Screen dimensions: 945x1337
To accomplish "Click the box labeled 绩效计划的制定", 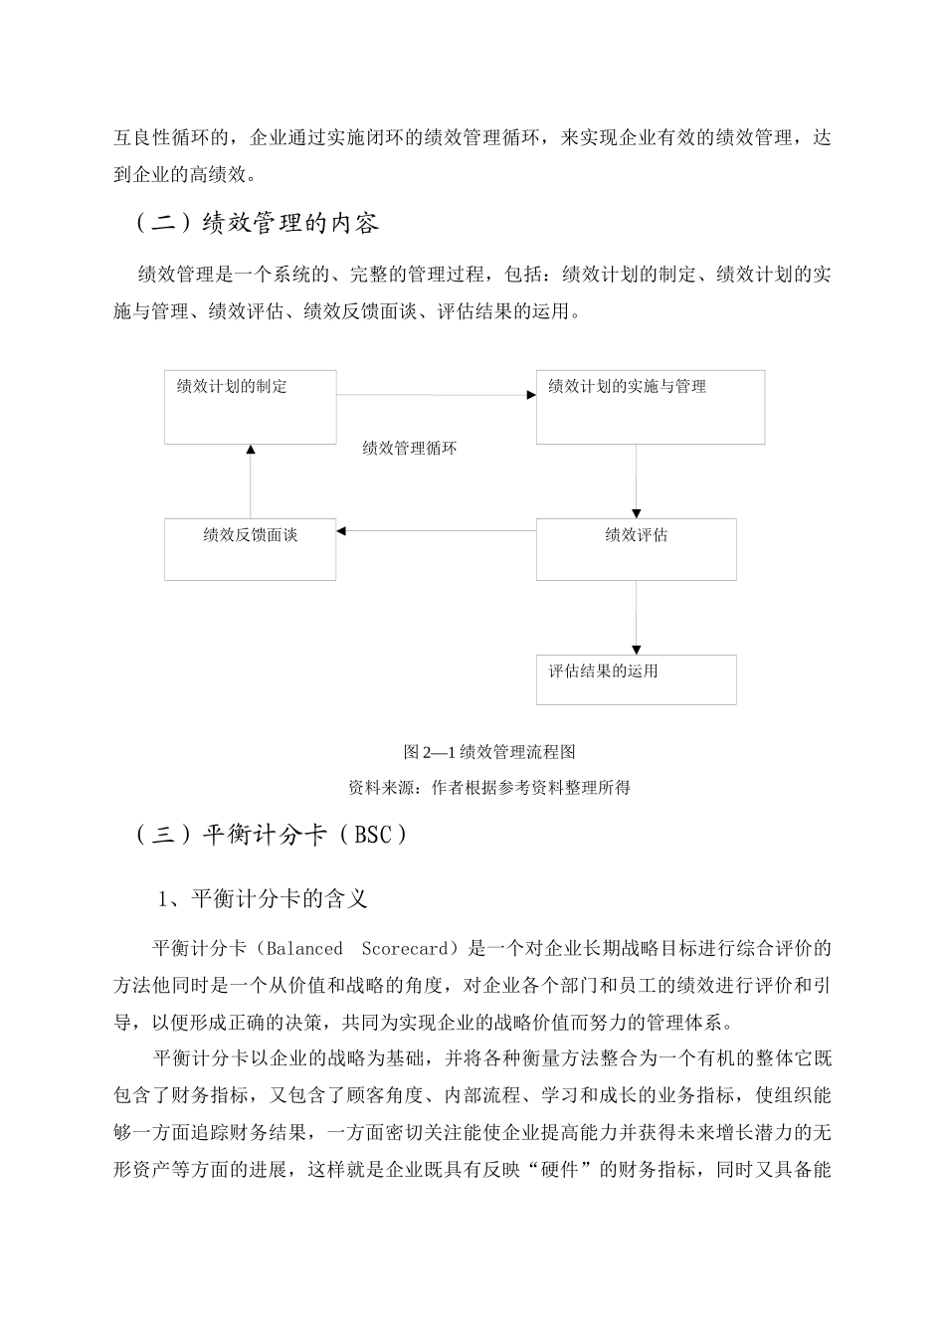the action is click(251, 407).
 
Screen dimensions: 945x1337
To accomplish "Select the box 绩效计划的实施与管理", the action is click(650, 407).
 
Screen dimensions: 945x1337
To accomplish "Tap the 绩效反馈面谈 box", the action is click(251, 549).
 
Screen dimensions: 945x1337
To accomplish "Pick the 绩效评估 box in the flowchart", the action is click(636, 549).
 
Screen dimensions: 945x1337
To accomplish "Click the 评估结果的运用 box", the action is click(636, 679).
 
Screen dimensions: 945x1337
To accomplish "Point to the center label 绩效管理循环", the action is click(410, 449).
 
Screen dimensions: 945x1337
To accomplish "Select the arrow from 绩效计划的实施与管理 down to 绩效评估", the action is click(637, 480).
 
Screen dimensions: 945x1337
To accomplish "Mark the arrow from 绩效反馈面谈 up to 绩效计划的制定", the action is click(251, 481).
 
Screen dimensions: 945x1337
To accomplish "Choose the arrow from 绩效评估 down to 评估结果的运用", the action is click(637, 617).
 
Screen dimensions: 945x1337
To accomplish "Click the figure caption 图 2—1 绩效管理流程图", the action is click(489, 752).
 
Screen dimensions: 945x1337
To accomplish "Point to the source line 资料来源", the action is click(489, 788).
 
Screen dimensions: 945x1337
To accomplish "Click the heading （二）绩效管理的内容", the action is click(257, 223).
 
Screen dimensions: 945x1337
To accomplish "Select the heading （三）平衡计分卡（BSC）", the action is click(271, 836).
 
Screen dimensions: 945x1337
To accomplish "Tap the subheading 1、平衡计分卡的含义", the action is click(263, 899).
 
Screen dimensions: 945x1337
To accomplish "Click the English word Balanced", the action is click(304, 949).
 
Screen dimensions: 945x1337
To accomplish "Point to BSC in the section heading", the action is click(373, 836).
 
